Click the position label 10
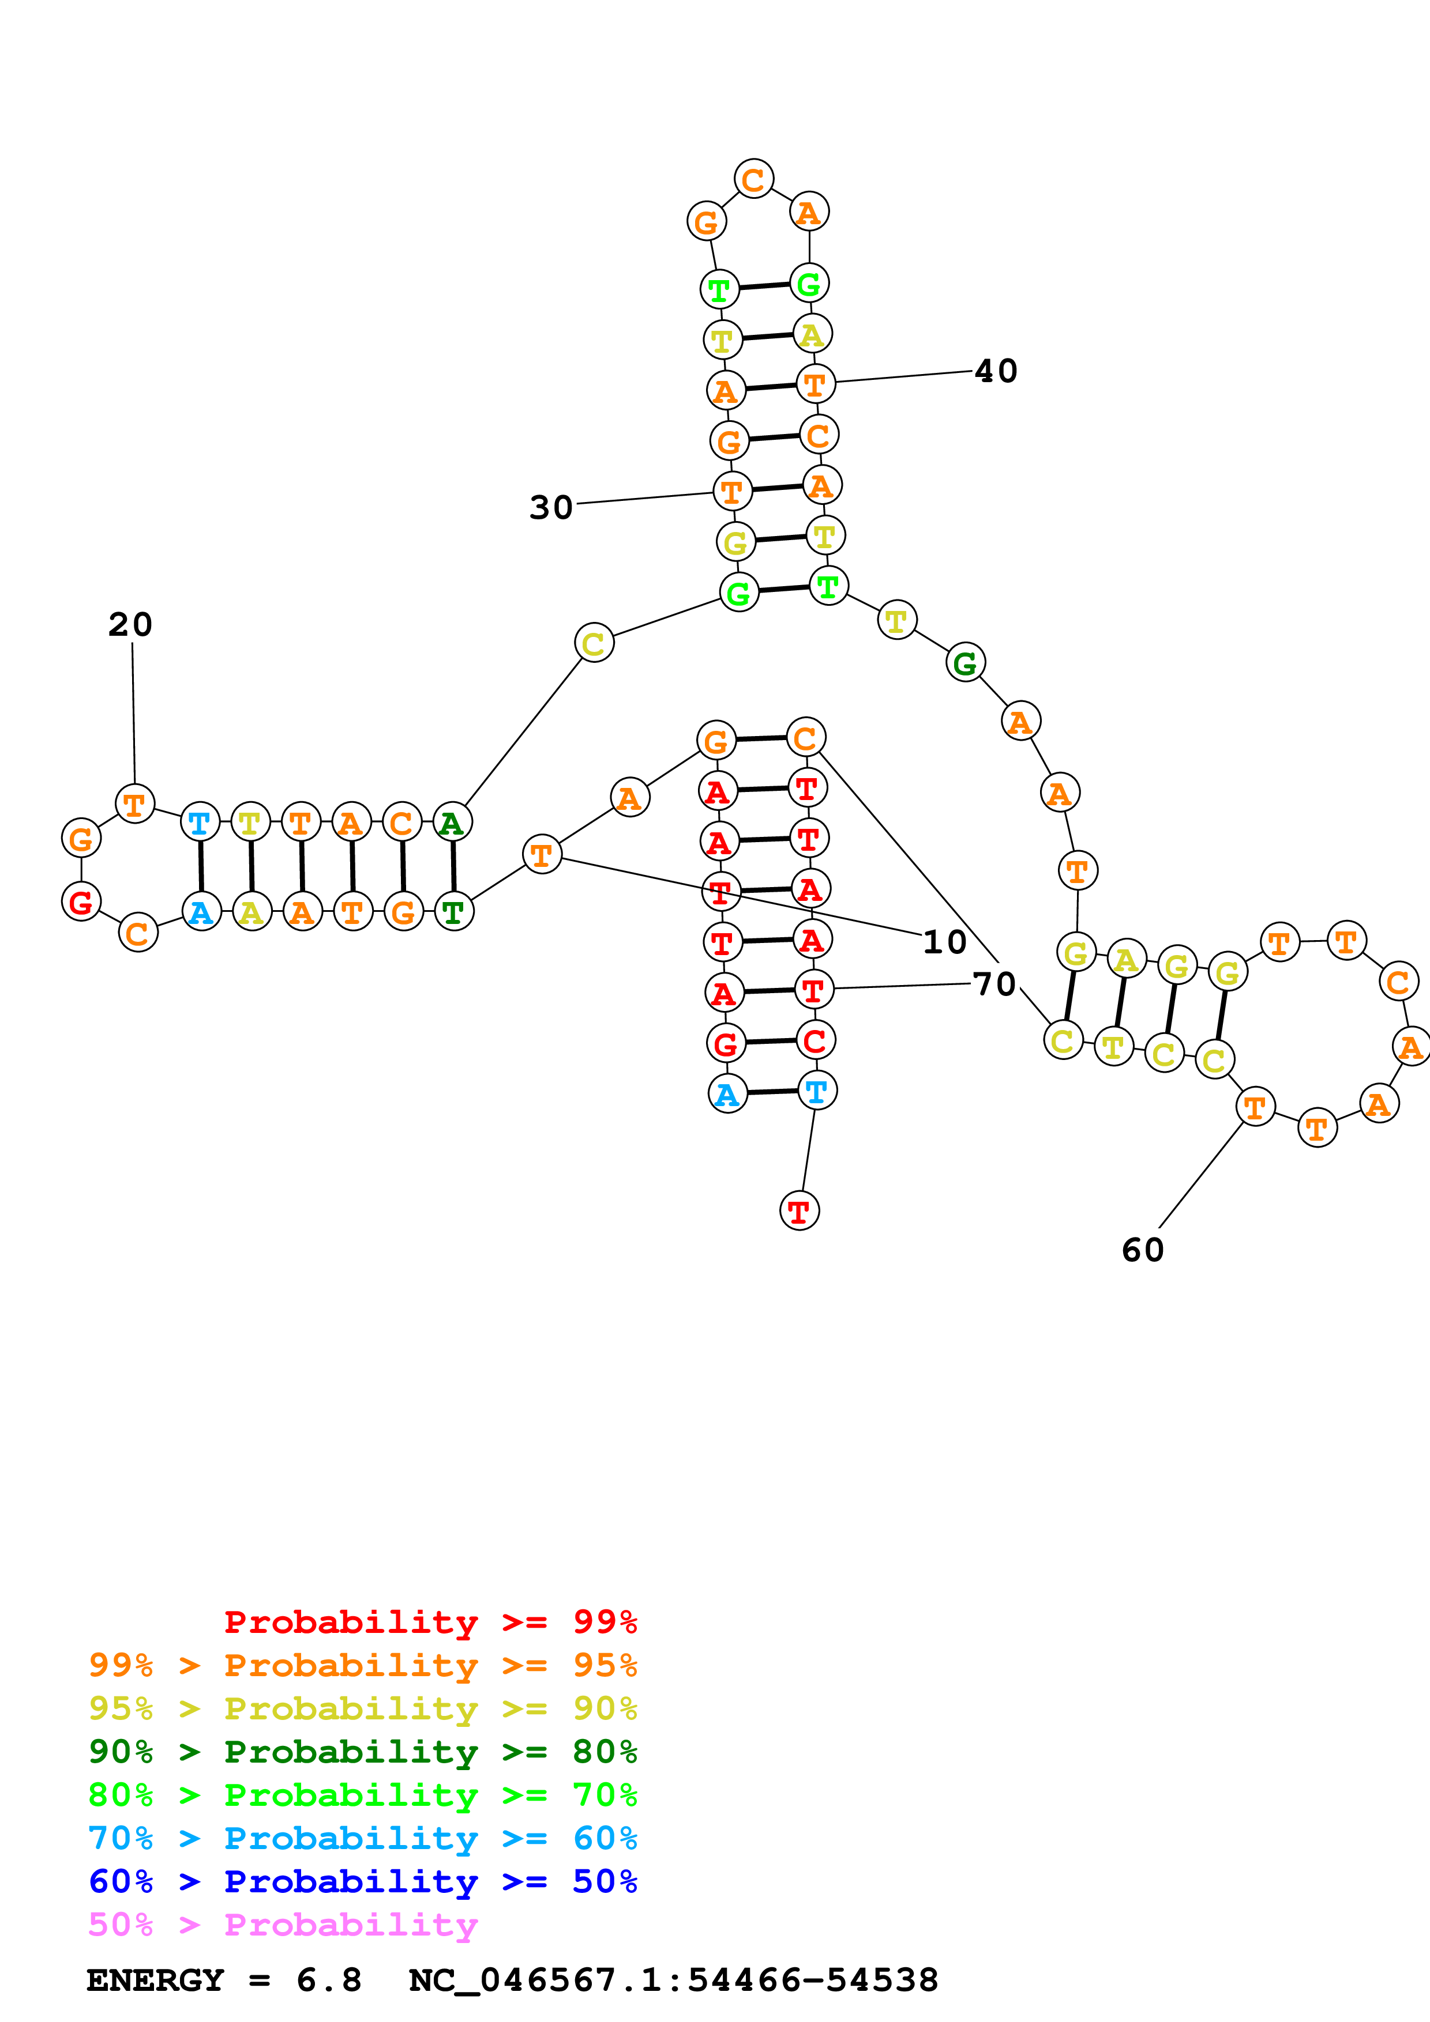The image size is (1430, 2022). point(944,942)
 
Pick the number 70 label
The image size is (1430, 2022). point(994,984)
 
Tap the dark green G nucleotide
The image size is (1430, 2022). point(966,663)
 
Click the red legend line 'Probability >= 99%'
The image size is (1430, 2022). point(430,1621)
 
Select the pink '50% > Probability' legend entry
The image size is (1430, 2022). point(283,1924)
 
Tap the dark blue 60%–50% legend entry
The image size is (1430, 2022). point(363,1881)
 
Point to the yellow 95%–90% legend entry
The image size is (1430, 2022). point(363,1708)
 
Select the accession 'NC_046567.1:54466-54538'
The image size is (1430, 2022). point(673,1980)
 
